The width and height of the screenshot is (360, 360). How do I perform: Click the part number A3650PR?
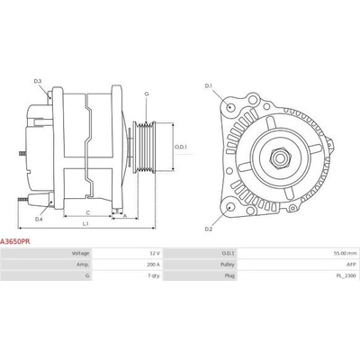(14, 241)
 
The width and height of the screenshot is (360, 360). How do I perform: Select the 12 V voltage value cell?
(155, 254)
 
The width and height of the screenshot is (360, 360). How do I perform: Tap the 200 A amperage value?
(154, 265)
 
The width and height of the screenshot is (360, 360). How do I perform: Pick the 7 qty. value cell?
(154, 275)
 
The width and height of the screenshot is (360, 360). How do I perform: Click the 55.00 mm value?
(346, 254)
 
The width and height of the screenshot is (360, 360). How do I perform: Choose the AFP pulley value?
(352, 265)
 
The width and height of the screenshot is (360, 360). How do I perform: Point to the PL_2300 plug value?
(347, 275)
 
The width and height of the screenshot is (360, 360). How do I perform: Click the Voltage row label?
(80, 254)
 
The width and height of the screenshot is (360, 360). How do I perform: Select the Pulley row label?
(228, 265)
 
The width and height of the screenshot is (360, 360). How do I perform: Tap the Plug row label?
(229, 275)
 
